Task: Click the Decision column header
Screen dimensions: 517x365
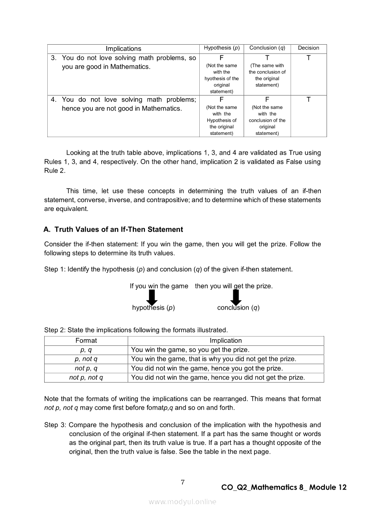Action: coord(308,48)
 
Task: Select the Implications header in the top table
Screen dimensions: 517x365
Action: coord(123,49)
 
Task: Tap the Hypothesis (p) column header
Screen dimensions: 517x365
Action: coord(221,48)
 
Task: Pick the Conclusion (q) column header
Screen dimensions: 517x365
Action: coord(267,48)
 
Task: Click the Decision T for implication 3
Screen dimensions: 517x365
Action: coord(308,58)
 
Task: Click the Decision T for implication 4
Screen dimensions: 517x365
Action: coord(308,100)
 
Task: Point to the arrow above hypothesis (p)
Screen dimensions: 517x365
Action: coord(152,297)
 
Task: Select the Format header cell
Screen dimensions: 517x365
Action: coord(86,341)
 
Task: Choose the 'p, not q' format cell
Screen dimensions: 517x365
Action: coord(86,359)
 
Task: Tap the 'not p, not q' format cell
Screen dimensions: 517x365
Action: coord(86,377)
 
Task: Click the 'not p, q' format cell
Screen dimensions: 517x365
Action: coord(86,368)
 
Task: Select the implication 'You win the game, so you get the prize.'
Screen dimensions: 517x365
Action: coord(190,350)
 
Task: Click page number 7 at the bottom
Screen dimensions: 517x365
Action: coord(182,482)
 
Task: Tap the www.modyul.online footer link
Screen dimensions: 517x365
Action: coord(182,502)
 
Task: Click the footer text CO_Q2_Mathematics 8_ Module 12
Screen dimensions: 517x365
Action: coord(284,487)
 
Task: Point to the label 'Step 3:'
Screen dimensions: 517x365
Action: coord(55,425)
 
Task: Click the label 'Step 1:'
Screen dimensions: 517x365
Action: coord(55,269)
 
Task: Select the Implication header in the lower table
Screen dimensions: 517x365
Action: coord(226,341)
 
